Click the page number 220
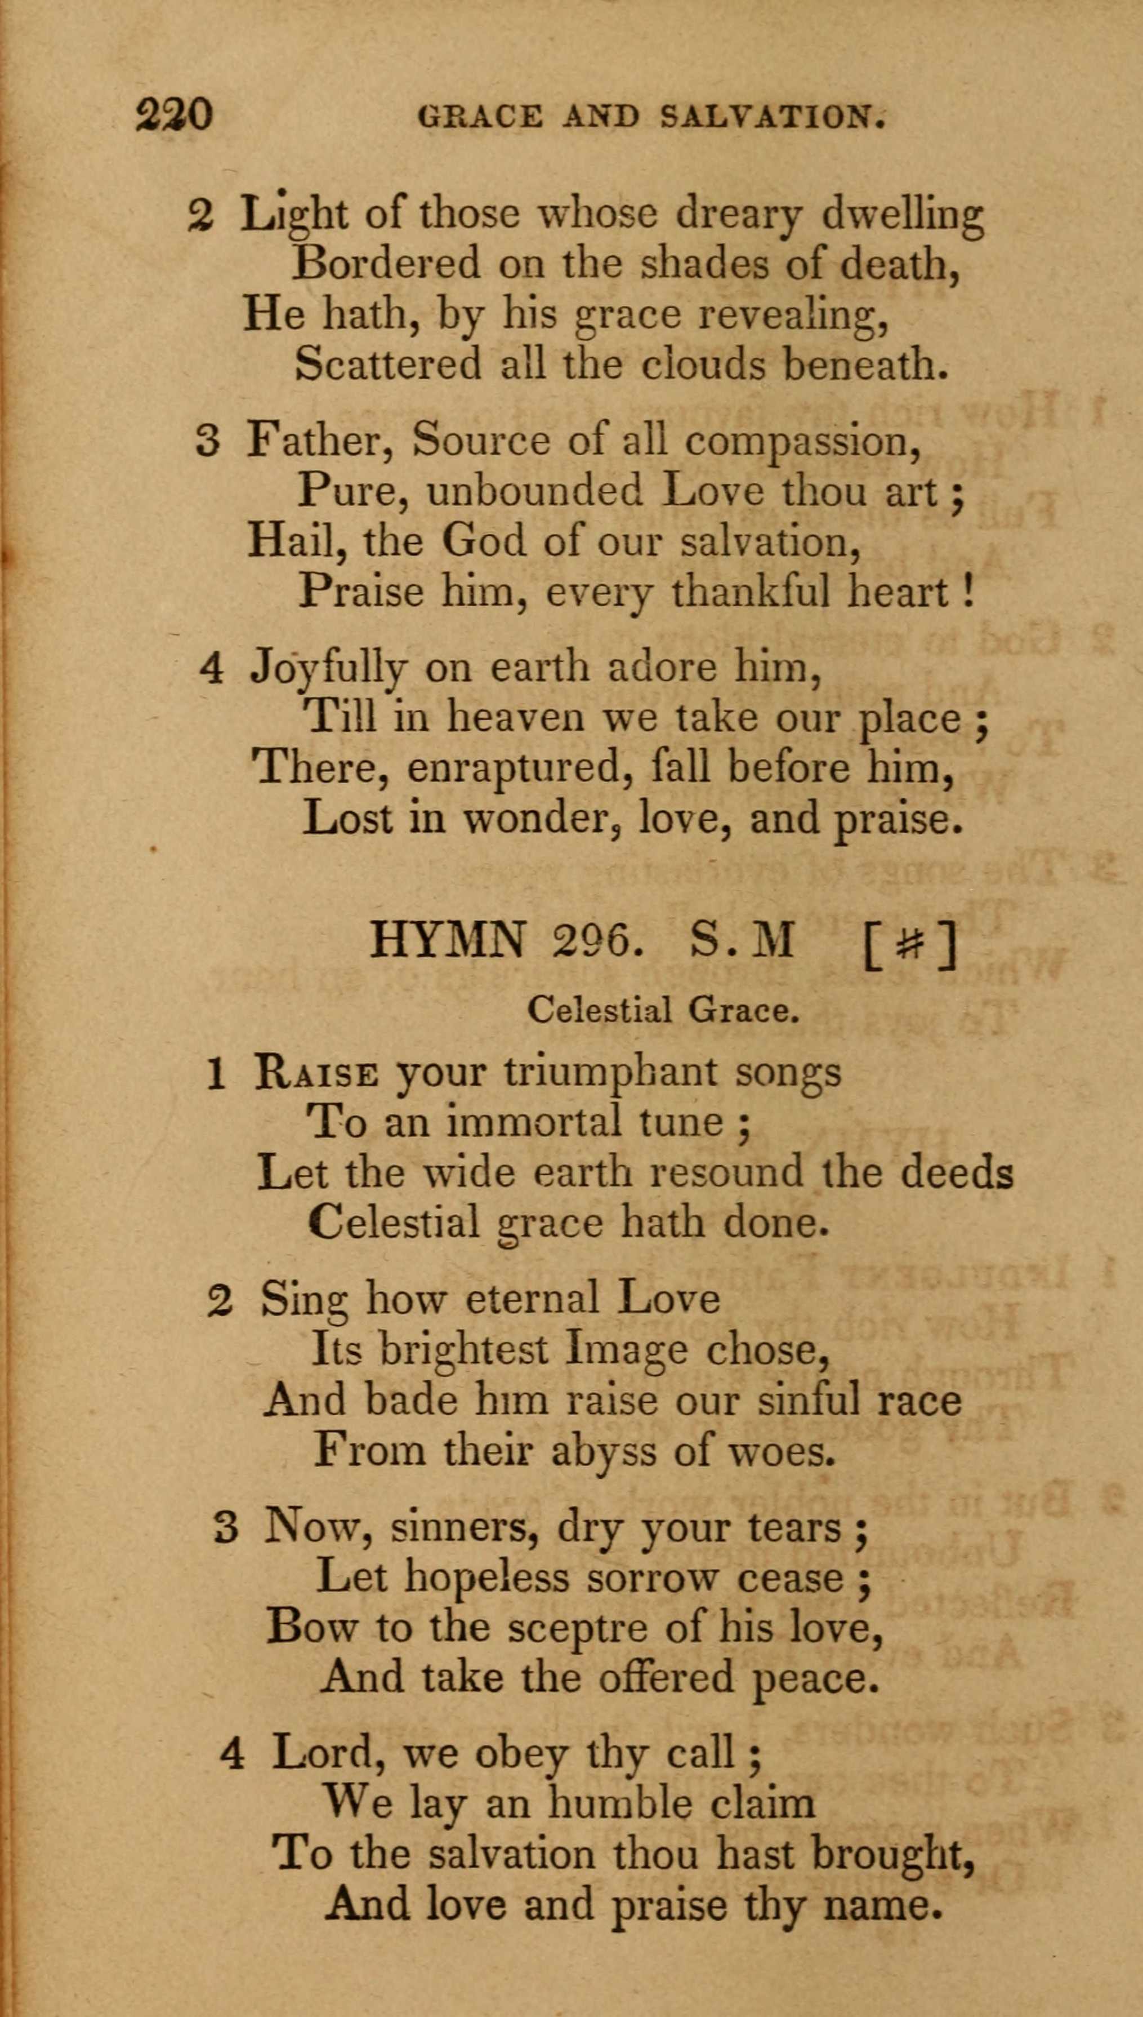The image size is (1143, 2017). tap(175, 115)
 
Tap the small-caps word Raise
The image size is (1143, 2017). tap(316, 1073)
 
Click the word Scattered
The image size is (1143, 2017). tap(388, 363)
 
